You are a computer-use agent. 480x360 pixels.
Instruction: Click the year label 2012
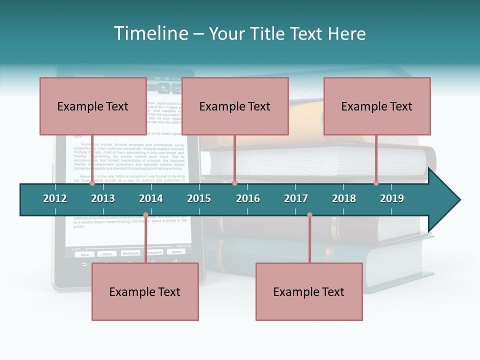point(55,198)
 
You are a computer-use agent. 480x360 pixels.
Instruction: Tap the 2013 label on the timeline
point(103,198)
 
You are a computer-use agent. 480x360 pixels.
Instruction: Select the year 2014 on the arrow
point(151,198)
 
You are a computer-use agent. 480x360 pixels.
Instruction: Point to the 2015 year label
point(199,198)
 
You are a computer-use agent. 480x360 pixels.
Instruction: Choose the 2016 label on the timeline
point(248,198)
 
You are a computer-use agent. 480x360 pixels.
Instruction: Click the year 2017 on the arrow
point(296,198)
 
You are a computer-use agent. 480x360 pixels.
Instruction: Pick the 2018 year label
point(344,198)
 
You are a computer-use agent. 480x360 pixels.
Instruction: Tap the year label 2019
point(392,198)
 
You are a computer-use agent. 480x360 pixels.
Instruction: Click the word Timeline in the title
point(150,33)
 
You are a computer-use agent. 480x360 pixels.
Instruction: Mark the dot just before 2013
point(92,183)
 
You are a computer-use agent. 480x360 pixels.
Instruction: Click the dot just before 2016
point(234,183)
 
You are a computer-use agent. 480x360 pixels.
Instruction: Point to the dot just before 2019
point(376,183)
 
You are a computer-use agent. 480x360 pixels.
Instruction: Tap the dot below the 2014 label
point(145,215)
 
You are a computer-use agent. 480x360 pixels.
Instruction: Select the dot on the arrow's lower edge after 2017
point(309,215)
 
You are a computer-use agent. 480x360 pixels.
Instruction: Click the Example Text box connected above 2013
point(93,106)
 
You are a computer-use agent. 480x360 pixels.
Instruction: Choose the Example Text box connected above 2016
point(235,106)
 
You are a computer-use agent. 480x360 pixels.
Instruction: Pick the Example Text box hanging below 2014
point(145,291)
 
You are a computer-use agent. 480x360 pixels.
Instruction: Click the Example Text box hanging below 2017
point(309,291)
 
